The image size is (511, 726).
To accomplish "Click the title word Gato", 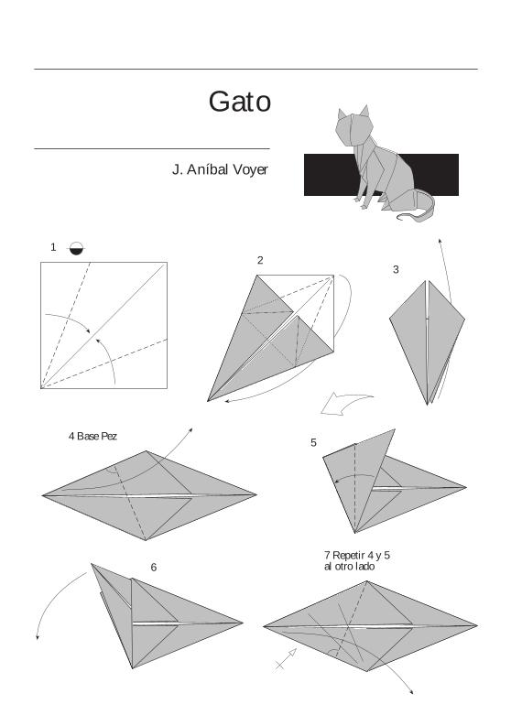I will [239, 101].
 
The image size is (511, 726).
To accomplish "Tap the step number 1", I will [53, 247].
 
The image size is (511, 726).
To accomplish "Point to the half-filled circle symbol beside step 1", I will [76, 247].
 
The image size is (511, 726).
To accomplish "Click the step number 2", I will [260, 261].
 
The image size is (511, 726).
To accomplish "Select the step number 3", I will [396, 269].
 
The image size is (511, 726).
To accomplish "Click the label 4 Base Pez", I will [92, 436].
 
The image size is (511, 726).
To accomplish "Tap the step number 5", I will [313, 443].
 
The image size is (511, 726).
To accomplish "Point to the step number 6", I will [153, 568].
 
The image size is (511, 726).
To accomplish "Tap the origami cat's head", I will [353, 126].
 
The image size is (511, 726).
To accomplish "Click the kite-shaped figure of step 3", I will [426, 339].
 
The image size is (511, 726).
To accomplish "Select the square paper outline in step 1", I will [103, 325].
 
